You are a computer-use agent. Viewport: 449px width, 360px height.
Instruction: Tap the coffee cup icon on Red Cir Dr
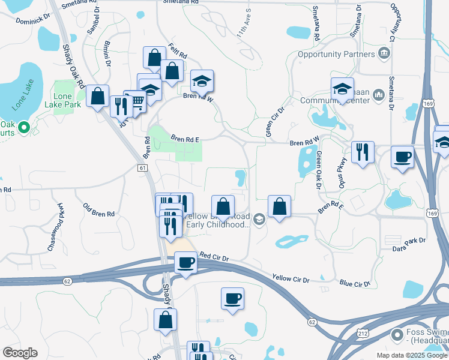(185, 262)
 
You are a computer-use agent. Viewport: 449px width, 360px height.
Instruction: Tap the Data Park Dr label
(408, 240)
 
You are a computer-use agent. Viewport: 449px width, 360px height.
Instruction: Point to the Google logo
(19, 353)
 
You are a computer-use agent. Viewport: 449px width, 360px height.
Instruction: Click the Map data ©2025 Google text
(411, 355)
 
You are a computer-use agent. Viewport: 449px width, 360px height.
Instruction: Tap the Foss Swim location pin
(396, 334)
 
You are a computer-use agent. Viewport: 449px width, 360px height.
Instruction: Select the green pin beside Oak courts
(24, 127)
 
